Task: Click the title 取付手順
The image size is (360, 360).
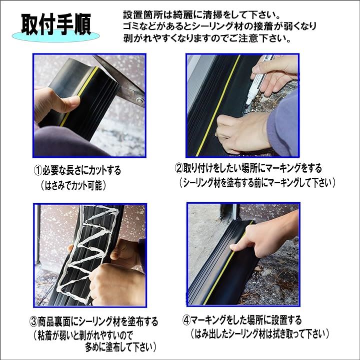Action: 56,24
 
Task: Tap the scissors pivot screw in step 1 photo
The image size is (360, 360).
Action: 139,100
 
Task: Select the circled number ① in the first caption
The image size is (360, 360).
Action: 38,171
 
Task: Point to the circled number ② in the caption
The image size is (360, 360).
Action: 179,168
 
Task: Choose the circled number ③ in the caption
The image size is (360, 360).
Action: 34,322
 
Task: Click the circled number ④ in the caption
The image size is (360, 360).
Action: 186,320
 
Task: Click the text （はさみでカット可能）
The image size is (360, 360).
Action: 73,185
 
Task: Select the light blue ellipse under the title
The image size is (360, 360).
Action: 56,36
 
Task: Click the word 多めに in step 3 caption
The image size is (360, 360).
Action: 95,347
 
